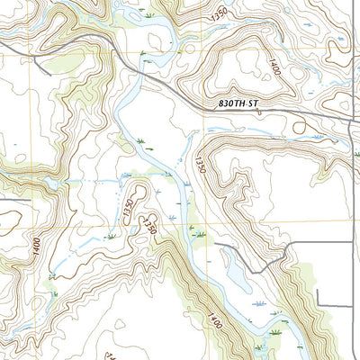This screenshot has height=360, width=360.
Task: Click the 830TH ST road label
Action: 238,105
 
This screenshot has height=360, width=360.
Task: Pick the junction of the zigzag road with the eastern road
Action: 350,241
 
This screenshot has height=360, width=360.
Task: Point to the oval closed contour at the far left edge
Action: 9,217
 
